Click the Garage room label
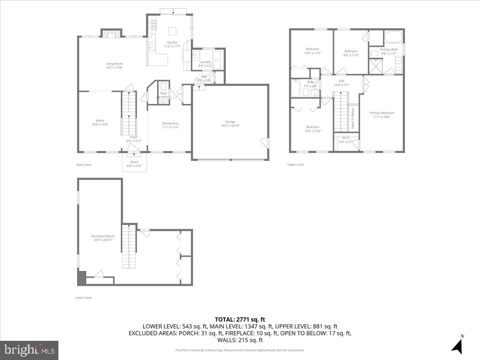pyautogui.click(x=230, y=122)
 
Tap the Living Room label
pyautogui.click(x=114, y=64)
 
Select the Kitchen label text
pyautogui.click(x=172, y=42)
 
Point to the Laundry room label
pyautogui.click(x=205, y=62)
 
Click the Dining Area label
pyautogui.click(x=170, y=123)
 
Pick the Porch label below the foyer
pyautogui.click(x=134, y=162)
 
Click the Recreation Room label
pyautogui.click(x=103, y=236)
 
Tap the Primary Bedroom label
pyautogui.click(x=381, y=113)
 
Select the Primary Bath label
pyautogui.click(x=388, y=49)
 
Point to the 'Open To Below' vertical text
pyautogui.click(x=352, y=119)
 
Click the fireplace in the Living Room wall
pyautogui.click(x=110, y=34)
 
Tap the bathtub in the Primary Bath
pyautogui.click(x=394, y=39)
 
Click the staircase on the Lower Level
pyautogui.click(x=129, y=246)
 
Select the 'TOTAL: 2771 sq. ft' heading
pyautogui.click(x=240, y=319)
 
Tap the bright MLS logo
pyautogui.click(x=29, y=350)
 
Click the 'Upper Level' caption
pyautogui.click(x=296, y=164)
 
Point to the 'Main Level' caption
pyautogui.click(x=84, y=164)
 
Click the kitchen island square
pyautogui.click(x=172, y=31)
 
